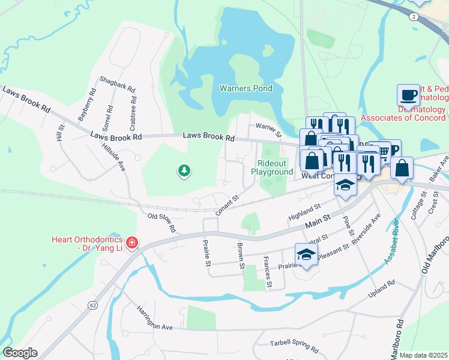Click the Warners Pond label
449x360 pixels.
(246, 89)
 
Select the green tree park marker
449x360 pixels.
(184, 171)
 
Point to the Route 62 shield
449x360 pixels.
(92, 305)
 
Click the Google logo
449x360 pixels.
(20, 353)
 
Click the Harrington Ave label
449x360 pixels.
(154, 318)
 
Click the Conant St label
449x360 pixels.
(228, 204)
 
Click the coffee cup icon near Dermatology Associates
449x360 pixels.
(408, 95)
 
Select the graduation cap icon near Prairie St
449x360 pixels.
(306, 255)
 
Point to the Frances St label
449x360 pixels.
(268, 272)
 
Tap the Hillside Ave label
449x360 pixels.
(113, 157)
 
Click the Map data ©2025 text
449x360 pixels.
(423, 355)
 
